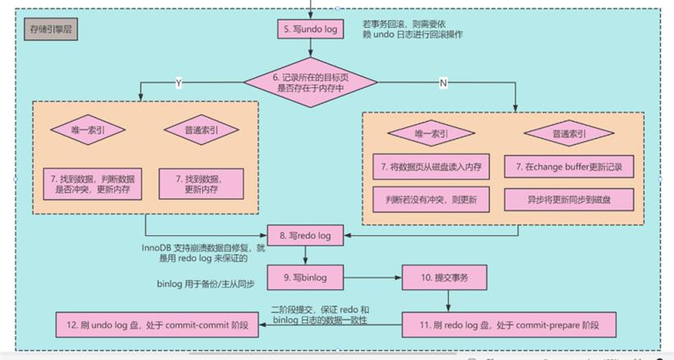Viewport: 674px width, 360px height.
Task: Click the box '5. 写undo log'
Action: click(x=311, y=29)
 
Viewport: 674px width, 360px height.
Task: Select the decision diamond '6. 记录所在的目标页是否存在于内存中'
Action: click(x=311, y=82)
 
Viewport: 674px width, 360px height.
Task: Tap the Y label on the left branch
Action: click(x=179, y=83)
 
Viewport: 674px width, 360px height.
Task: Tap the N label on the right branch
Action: click(x=443, y=83)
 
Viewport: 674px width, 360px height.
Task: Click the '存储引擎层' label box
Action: click(x=51, y=30)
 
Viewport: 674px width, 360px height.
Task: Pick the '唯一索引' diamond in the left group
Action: click(x=88, y=130)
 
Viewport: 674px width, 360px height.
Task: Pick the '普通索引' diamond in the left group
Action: click(x=201, y=130)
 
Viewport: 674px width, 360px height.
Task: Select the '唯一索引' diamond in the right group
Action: click(x=432, y=133)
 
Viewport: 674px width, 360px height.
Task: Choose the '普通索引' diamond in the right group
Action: click(x=569, y=133)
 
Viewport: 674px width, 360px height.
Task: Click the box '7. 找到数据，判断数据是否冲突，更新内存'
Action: click(x=92, y=184)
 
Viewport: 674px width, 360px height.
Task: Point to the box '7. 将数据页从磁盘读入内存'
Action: click(x=432, y=167)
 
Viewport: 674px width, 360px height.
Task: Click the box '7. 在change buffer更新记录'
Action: click(x=569, y=167)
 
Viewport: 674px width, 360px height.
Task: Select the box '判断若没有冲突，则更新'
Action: click(x=432, y=200)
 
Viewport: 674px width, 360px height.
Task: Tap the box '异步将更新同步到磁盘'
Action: click(x=569, y=200)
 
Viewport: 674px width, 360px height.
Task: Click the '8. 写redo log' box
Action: click(x=305, y=235)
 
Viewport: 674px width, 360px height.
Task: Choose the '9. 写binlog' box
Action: click(x=305, y=278)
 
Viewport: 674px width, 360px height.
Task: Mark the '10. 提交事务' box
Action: click(x=445, y=278)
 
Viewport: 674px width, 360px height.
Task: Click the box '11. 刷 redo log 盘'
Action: click(x=509, y=325)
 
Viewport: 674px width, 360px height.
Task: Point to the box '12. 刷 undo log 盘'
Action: click(x=157, y=325)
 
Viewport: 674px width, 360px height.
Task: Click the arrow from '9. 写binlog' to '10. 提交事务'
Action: click(x=372, y=278)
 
